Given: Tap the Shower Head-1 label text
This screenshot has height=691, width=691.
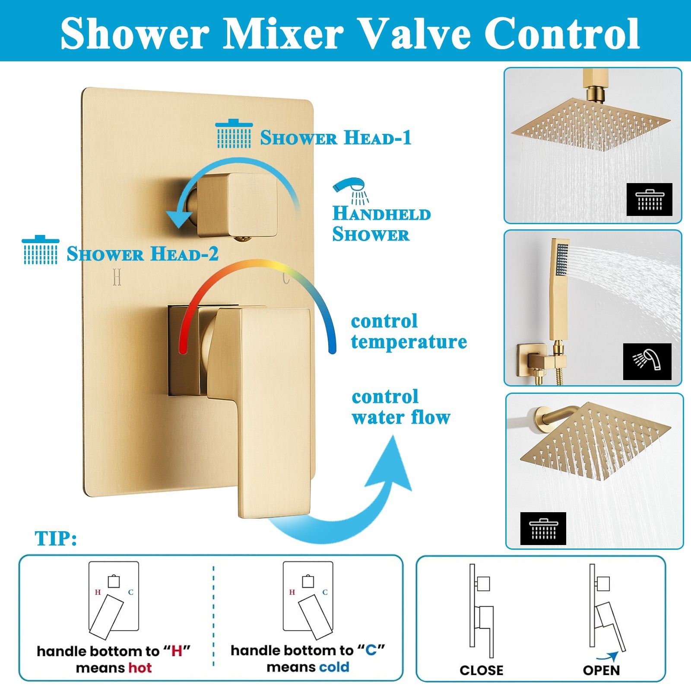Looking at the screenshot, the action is [x=336, y=138].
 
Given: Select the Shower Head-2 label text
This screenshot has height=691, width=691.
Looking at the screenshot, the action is [x=143, y=254].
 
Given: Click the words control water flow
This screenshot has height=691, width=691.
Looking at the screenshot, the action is [x=401, y=407].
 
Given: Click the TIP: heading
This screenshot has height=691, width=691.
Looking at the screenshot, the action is [x=56, y=539].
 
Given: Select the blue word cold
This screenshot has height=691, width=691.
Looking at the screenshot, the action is [x=332, y=667].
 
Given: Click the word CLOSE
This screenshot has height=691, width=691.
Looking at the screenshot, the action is [x=482, y=670].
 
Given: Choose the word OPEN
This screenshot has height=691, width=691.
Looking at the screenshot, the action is [x=601, y=670].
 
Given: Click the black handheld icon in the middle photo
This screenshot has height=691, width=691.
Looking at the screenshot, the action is [x=647, y=361].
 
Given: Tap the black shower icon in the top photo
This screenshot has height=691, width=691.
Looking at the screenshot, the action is [x=649, y=200].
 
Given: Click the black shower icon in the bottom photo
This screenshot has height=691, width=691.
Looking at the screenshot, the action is [x=543, y=528].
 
